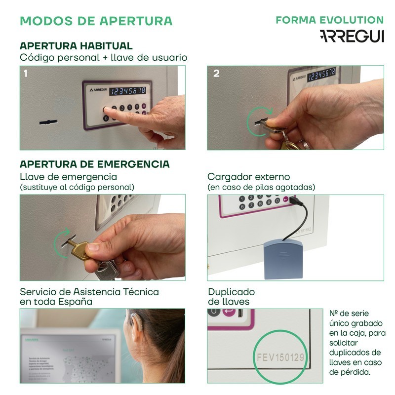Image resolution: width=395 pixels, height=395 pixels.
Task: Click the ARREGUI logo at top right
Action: [x=352, y=37]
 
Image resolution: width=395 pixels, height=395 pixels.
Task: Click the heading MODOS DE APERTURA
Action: [x=96, y=21]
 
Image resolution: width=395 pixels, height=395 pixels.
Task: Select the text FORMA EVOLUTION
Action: [x=329, y=20]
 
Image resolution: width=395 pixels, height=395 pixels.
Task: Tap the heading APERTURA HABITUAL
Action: [x=76, y=46]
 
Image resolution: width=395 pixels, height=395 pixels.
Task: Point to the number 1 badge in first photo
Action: [x=26, y=74]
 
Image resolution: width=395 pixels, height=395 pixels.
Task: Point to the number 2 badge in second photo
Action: [x=216, y=74]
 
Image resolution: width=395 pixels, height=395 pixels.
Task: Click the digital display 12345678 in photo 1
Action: [x=127, y=90]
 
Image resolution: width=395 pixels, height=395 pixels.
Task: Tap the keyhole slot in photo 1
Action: [x=48, y=121]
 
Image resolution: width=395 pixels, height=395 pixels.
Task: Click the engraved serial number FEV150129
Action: [x=281, y=356]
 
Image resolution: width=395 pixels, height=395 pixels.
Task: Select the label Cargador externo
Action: [x=248, y=177]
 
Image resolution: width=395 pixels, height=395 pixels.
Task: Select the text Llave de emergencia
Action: [x=68, y=177]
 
